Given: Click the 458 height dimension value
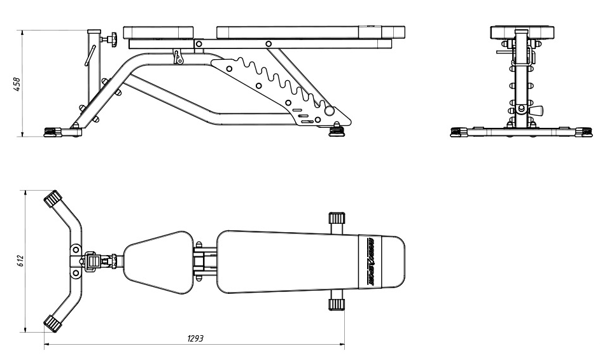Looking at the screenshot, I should coord(17,83).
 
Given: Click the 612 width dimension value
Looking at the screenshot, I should coord(20,261).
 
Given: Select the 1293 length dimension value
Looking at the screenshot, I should coord(195,338).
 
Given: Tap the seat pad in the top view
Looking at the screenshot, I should coord(158,261).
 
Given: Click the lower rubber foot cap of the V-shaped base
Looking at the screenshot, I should coord(52,324).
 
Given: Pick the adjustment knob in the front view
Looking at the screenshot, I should coord(536,110).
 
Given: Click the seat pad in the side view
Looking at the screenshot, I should coord(158,32).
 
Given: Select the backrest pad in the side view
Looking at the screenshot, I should coord(310,32).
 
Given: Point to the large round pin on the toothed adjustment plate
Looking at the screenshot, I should coord(329,111).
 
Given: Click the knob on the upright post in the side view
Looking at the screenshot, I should coord(110,40).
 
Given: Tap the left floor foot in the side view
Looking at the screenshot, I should coord(50,132).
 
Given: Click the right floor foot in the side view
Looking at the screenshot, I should coord(337,132).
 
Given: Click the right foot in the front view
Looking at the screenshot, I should coord(581,132).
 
